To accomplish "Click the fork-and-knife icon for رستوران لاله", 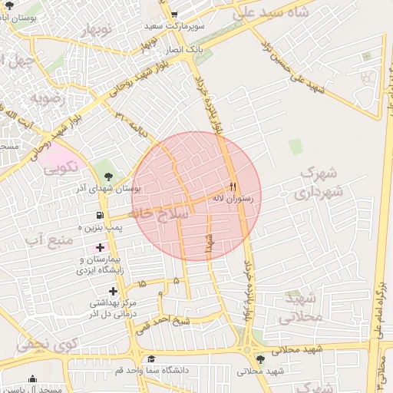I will click(233, 187).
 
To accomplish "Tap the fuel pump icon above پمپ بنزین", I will click(100, 216).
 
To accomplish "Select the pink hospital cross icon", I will click(100, 247).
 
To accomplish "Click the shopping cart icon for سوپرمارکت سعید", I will click(175, 15).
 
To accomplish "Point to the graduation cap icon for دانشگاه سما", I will click(152, 359).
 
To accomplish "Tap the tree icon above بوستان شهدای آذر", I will click(106, 177).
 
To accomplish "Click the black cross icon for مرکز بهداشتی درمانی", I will click(114, 291).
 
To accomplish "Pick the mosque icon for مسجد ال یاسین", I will click(32, 380).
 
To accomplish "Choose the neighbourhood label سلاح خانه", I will click(158, 215).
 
